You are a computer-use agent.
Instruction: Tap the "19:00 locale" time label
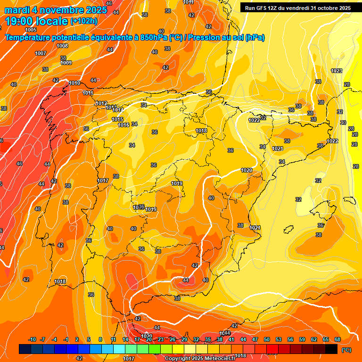pos(37,21)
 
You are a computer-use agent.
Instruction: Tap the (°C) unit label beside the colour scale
pos(346,350)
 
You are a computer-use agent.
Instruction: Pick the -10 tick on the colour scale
pos(32,339)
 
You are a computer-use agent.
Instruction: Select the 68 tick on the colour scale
pos(337,339)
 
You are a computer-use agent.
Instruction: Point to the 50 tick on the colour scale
pos(267,339)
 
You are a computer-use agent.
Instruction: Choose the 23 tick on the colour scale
pos(160,339)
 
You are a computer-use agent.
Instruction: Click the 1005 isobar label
pos(31,43)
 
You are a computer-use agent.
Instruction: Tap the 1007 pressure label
pos(41,53)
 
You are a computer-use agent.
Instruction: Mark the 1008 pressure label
pos(62,46)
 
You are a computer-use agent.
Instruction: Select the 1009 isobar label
pos(66,63)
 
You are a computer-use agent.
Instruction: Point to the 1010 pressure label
pos(74,83)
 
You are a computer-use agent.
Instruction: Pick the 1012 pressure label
pos(101,103)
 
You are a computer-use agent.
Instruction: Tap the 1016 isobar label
pos(123,125)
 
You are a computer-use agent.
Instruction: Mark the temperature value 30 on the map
pos(343,123)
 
